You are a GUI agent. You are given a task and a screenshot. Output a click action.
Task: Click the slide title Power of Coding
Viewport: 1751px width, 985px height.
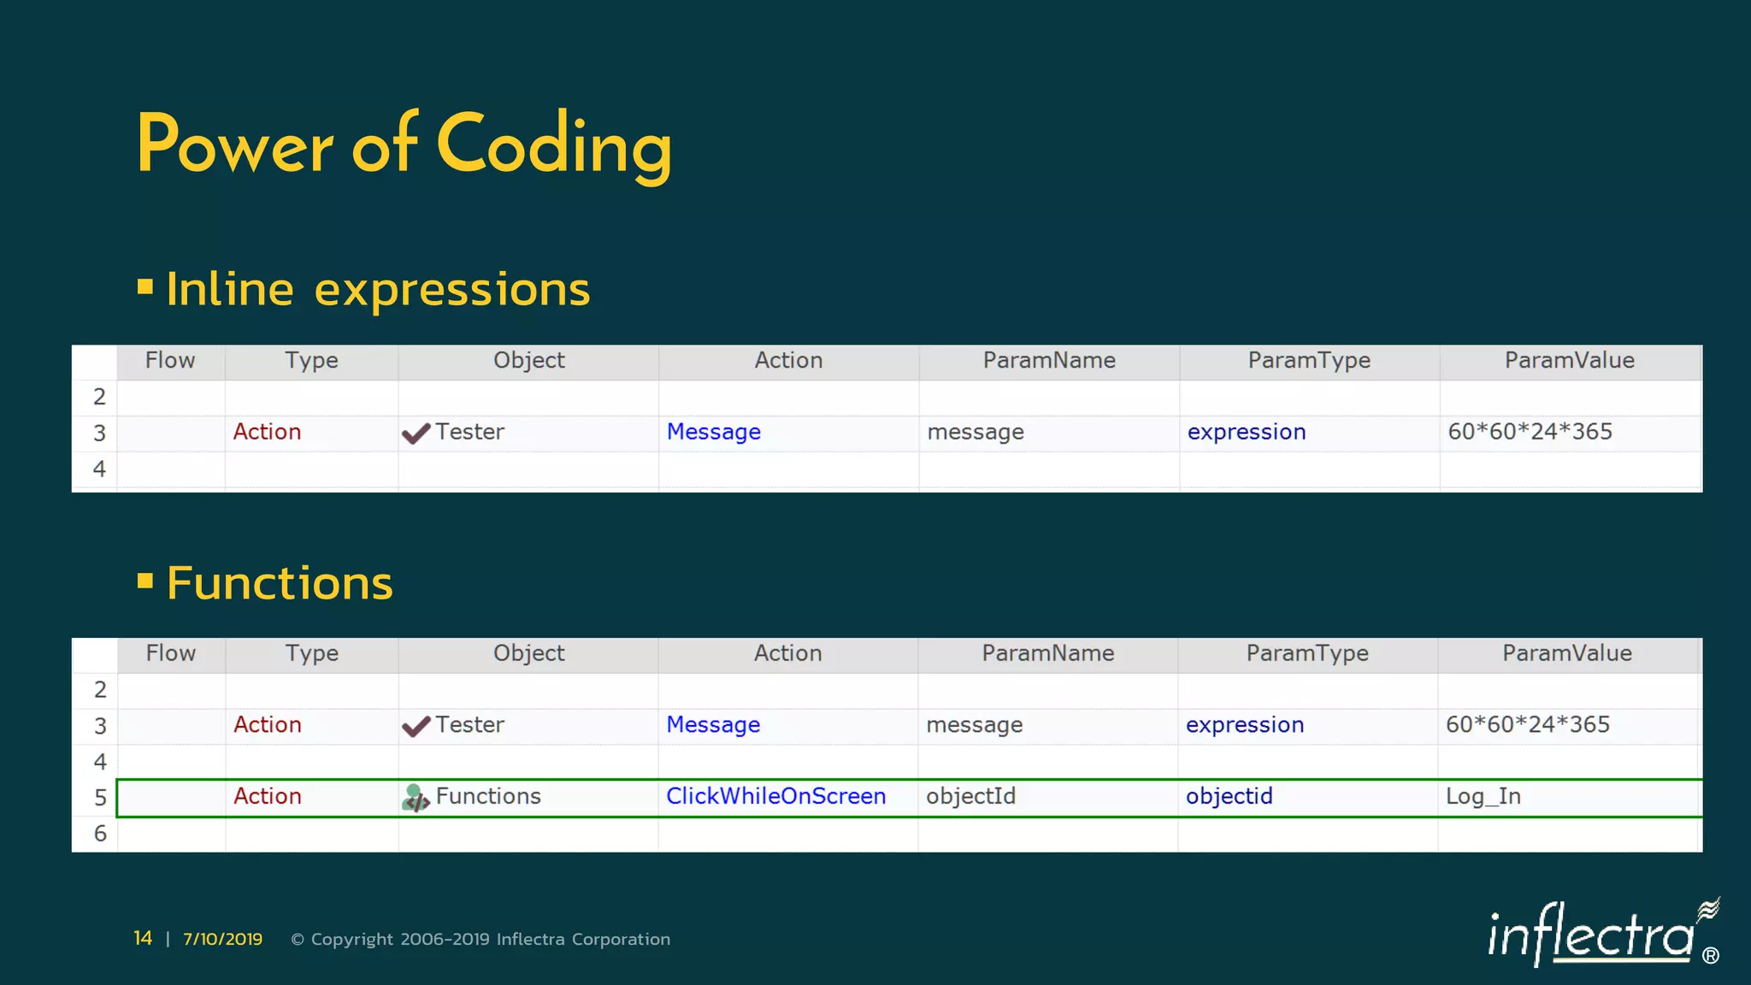pyautogui.click(x=404, y=145)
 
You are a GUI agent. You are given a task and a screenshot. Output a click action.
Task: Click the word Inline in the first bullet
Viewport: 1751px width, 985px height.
pyautogui.click(x=230, y=289)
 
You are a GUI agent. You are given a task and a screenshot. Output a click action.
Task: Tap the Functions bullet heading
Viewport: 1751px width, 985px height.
pyautogui.click(x=280, y=583)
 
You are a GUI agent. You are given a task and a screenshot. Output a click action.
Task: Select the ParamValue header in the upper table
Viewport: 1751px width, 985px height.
pyautogui.click(x=1569, y=361)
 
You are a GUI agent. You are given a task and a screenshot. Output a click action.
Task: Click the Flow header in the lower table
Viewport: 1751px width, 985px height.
pyautogui.click(x=170, y=653)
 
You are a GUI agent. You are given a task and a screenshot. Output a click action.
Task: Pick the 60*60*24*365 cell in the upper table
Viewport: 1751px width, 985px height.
pyautogui.click(x=1530, y=432)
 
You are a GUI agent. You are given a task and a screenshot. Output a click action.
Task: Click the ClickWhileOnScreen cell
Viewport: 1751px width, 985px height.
pyautogui.click(x=775, y=796)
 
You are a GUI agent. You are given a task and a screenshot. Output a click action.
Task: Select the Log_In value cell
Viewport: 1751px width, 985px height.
pyautogui.click(x=1483, y=797)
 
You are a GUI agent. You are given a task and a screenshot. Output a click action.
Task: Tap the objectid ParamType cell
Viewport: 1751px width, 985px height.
pyautogui.click(x=1229, y=796)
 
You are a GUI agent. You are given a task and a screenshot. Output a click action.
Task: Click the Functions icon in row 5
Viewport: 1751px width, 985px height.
pyautogui.click(x=415, y=798)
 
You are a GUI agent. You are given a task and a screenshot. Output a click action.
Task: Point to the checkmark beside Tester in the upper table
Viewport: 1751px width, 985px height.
pyautogui.click(x=416, y=434)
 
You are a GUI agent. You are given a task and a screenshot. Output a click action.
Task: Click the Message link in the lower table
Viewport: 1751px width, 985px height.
pyautogui.click(x=713, y=725)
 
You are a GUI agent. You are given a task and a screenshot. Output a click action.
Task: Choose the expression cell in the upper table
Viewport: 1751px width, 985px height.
pyautogui.click(x=1246, y=432)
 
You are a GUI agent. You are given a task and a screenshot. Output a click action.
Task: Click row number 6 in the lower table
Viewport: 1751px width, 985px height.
pyautogui.click(x=100, y=834)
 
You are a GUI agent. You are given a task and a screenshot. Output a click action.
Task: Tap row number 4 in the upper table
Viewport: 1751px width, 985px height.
pyautogui.click(x=99, y=469)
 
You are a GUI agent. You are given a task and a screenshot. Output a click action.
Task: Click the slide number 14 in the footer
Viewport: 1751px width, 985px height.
pyautogui.click(x=143, y=939)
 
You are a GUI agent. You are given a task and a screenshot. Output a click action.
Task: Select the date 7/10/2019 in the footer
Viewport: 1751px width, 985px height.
pyautogui.click(x=222, y=939)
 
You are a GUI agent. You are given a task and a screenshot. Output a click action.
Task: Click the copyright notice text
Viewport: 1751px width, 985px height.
pyautogui.click(x=480, y=939)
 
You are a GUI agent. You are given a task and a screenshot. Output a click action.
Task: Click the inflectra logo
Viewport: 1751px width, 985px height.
pyautogui.click(x=1599, y=935)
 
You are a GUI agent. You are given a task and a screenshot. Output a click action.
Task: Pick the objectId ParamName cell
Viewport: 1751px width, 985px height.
pyautogui.click(x=970, y=796)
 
